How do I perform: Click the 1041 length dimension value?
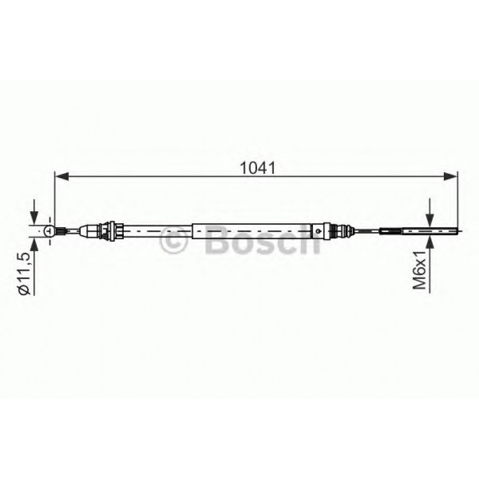(x=256, y=168)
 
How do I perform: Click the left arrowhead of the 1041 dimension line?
(x=60, y=176)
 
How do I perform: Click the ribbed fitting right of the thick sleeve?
(x=340, y=230)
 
